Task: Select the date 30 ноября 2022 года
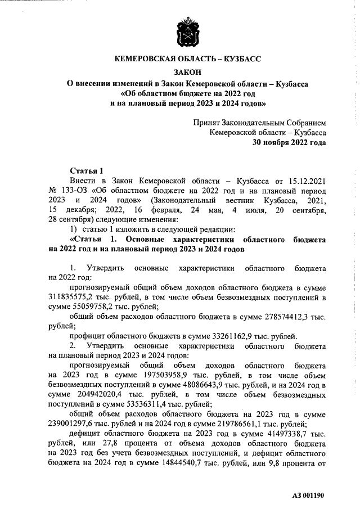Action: click(289, 142)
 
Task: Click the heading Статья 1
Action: click(87, 170)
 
